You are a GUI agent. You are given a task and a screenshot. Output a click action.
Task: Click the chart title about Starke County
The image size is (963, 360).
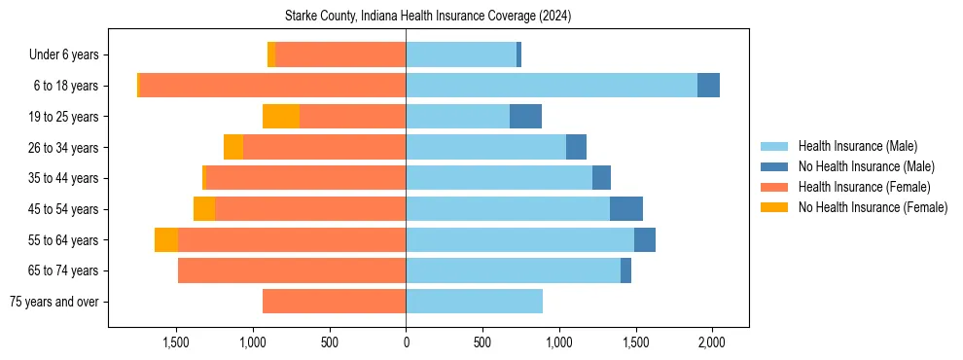point(428,17)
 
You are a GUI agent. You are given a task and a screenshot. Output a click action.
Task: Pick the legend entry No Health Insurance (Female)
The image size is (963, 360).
point(872,207)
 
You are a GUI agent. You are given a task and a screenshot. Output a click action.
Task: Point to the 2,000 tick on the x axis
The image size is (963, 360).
point(712,342)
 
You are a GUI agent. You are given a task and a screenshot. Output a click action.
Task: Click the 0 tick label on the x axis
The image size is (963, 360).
point(406,342)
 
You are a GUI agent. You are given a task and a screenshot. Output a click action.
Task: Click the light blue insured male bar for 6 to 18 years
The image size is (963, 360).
point(551,86)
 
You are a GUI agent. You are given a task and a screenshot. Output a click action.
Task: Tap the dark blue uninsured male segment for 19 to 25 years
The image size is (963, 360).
point(525,117)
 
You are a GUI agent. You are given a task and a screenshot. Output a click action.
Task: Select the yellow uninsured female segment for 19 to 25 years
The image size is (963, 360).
point(281,117)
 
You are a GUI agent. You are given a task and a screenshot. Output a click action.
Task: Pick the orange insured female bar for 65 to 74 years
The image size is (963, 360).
point(292,270)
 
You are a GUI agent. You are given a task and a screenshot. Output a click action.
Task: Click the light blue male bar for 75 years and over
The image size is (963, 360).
point(474,302)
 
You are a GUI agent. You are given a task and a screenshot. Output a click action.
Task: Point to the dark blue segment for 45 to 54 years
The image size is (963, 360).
point(625,209)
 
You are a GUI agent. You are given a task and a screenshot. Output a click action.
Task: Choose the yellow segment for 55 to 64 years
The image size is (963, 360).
point(166,240)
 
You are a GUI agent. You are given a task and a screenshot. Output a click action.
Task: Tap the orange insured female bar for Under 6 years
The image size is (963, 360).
point(340,55)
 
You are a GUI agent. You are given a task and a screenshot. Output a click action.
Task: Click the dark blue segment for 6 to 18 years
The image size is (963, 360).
point(708,86)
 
